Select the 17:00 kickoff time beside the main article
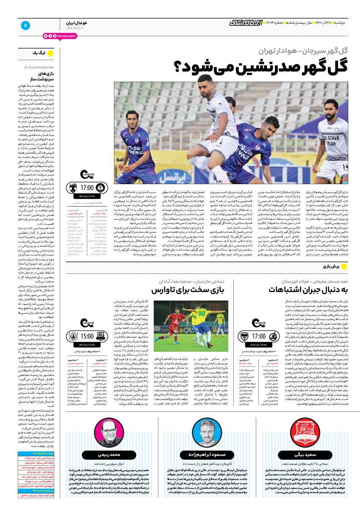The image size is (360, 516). [x=87, y=188]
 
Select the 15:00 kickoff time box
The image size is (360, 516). [x=87, y=336]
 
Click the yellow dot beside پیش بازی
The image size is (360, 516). [x=344, y=266]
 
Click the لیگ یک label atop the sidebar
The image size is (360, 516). [x=39, y=53]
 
